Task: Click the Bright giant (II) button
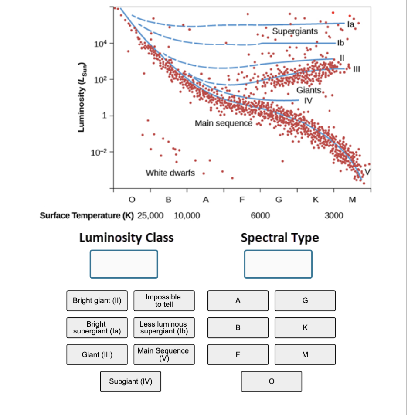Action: (97, 301)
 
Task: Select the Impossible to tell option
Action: (164, 301)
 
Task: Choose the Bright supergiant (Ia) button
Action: (97, 327)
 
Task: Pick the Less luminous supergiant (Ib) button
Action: (164, 327)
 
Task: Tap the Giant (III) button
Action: (97, 354)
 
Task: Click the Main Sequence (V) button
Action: (164, 354)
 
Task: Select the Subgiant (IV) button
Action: (130, 381)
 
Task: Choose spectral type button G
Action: (305, 301)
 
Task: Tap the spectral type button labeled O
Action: (271, 381)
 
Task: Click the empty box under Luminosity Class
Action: (124, 264)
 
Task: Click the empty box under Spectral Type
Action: (279, 264)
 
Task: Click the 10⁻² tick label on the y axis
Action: (96, 152)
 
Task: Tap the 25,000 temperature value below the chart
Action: (150, 215)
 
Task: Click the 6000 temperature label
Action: (260, 215)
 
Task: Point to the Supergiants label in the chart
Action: (295, 31)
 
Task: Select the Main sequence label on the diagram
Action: (223, 123)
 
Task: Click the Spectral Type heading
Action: (279, 238)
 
